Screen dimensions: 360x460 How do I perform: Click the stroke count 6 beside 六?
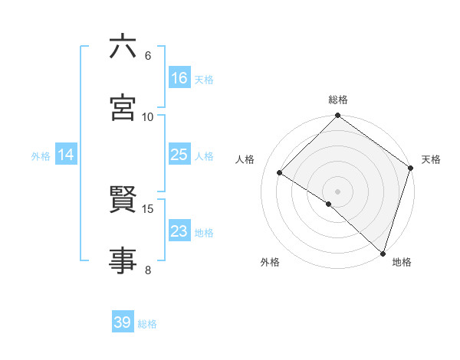148,55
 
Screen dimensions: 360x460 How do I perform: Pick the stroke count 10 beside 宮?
148,116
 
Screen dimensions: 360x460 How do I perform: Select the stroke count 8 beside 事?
148,269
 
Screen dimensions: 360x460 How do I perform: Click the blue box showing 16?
179,78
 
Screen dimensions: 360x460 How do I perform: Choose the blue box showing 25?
179,155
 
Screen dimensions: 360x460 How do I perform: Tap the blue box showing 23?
179,231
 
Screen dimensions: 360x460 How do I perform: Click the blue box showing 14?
66,155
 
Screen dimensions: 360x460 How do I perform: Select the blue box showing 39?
123,322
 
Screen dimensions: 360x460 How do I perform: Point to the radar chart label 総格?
338,100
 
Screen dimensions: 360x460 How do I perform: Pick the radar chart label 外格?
270,262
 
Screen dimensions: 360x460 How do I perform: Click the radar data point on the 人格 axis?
280,172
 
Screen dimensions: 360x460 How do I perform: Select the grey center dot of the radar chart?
338,191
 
